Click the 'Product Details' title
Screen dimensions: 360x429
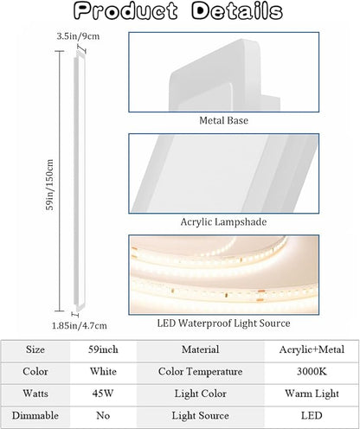pos(178,11)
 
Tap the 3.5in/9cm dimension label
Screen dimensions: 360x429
pos(78,36)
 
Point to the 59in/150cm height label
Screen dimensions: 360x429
pos(50,185)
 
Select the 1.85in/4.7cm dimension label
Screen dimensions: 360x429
pos(80,326)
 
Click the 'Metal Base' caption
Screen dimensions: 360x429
pos(223,120)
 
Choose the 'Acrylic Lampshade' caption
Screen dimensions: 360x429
pos(223,221)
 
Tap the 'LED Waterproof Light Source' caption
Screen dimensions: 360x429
pos(223,323)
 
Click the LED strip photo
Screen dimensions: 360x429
pos(224,274)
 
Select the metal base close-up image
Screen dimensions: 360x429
pos(224,72)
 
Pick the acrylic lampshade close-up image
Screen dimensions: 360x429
pos(224,173)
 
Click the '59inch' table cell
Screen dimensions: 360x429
pos(103,349)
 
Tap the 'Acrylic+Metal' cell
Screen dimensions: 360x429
pos(312,349)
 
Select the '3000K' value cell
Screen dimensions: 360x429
pos(312,372)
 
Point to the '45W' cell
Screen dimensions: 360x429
pos(103,394)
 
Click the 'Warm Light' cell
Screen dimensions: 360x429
pos(312,394)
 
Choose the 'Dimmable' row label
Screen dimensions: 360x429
pos(35,415)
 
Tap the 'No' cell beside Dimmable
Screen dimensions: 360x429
pos(103,415)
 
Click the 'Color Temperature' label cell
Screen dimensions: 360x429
pos(201,372)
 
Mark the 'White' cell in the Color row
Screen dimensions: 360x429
pos(103,372)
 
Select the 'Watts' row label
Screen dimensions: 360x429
pos(35,394)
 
